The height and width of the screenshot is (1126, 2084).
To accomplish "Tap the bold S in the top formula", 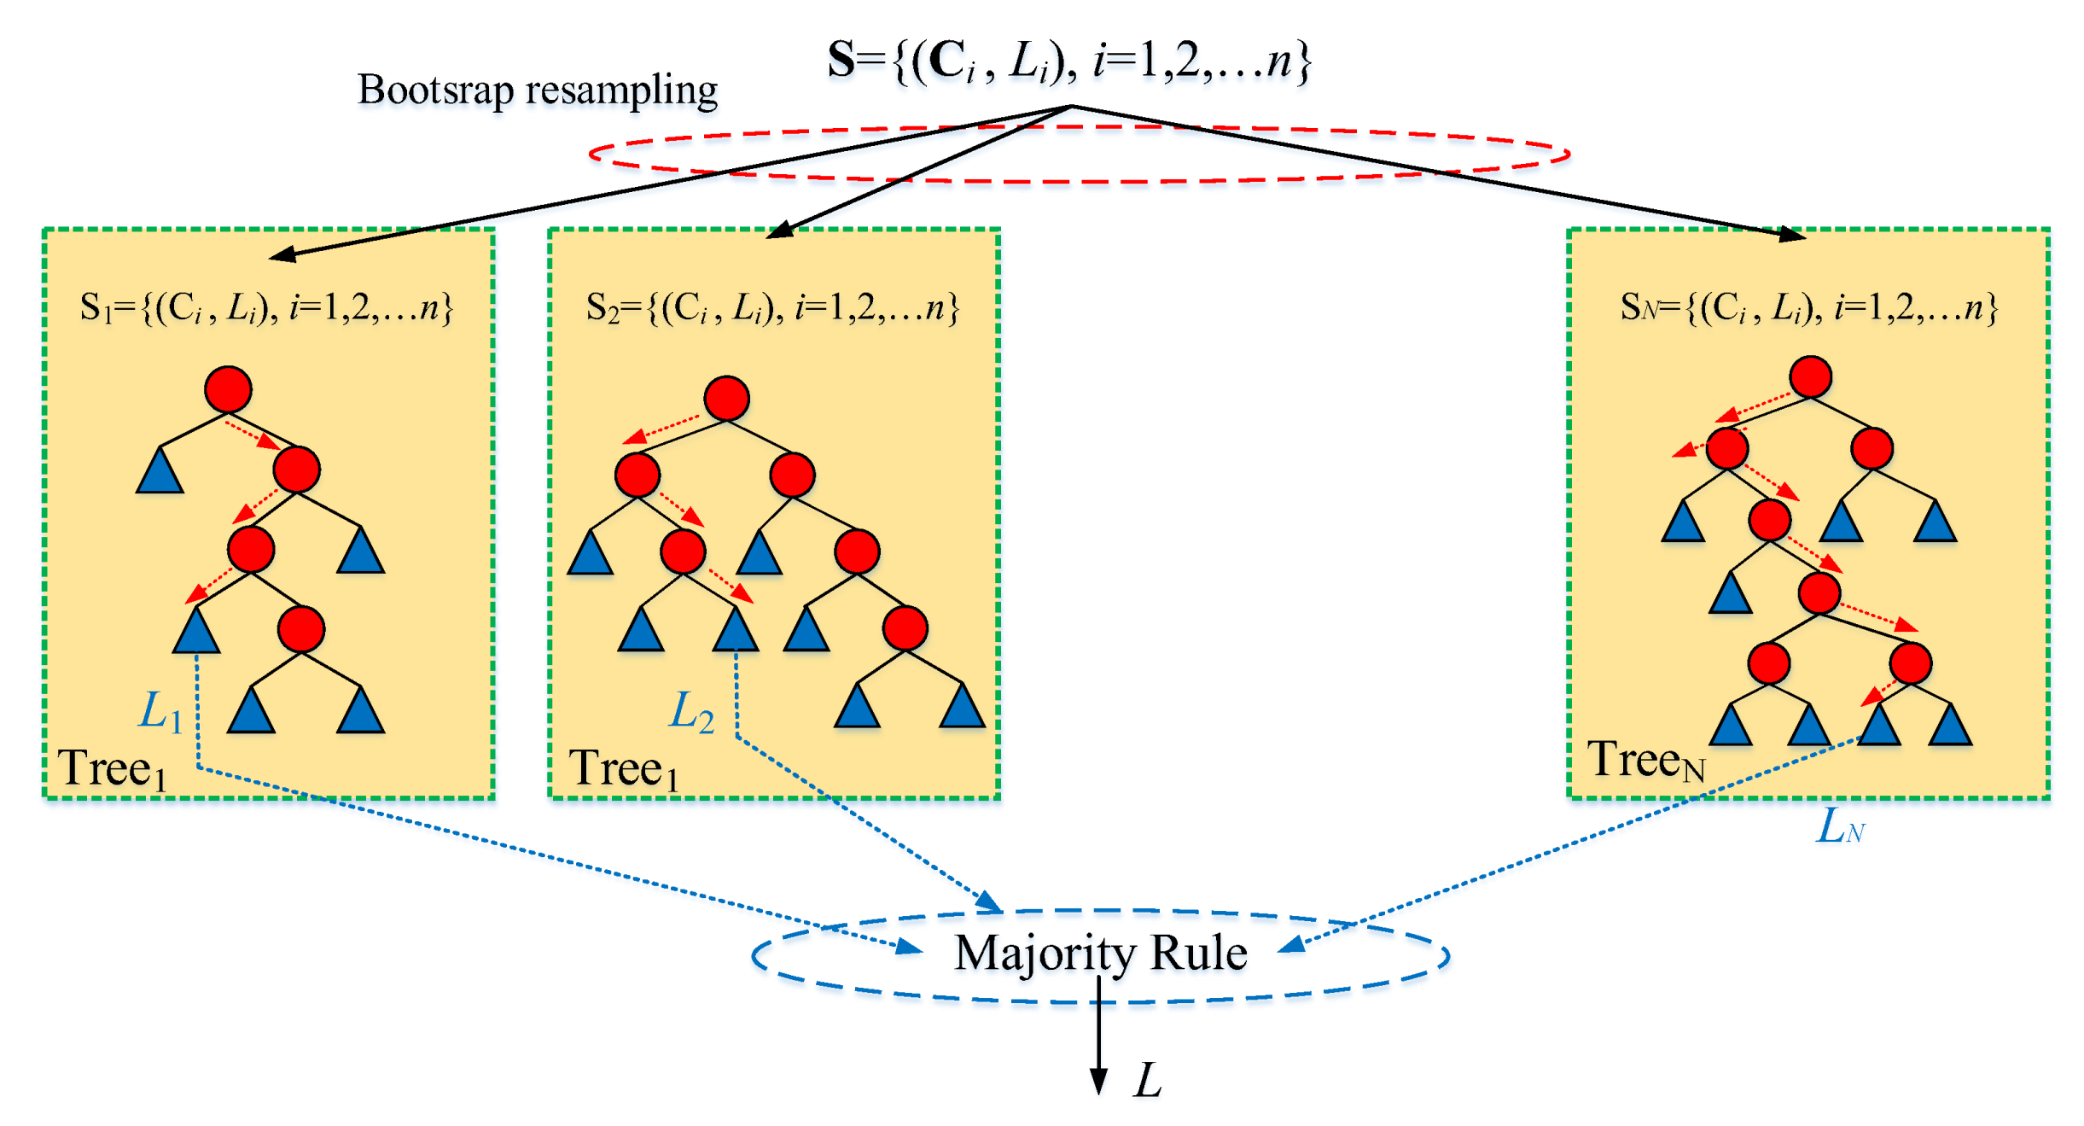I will click(841, 61).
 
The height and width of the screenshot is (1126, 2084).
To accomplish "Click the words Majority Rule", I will click(1100, 953).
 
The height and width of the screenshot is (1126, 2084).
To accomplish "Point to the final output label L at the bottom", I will click(1148, 1081).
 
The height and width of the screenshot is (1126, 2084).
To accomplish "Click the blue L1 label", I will click(160, 711).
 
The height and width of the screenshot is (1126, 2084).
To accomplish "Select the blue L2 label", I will click(690, 711).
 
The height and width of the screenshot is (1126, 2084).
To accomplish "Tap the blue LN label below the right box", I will click(1840, 826).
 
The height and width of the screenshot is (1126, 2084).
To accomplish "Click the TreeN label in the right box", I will click(1644, 760).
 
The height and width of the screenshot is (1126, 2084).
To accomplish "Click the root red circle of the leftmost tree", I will click(228, 389).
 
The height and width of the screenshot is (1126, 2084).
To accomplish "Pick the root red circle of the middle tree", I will click(726, 398).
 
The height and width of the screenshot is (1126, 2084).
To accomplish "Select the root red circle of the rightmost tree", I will click(1810, 377).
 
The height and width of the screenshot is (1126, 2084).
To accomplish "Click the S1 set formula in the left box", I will click(265, 307).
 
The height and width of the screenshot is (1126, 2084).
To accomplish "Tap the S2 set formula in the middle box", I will click(771, 307).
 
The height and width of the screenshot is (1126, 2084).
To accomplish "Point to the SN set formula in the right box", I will click(1808, 307).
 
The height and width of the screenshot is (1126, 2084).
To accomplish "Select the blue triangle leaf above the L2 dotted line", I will click(736, 632).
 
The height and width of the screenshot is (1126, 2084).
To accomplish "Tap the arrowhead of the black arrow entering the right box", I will click(1791, 235).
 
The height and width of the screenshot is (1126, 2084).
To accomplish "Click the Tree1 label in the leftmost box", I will click(111, 768).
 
